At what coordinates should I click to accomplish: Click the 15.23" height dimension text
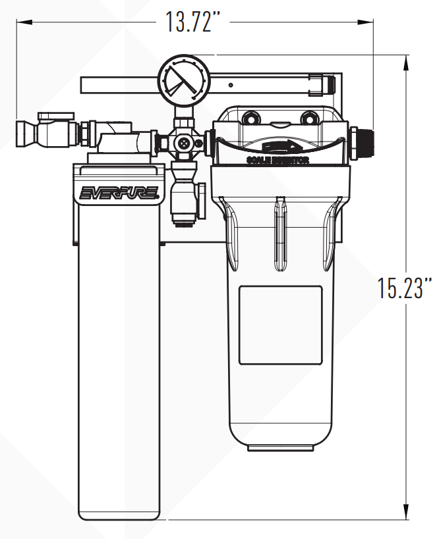tap(405, 288)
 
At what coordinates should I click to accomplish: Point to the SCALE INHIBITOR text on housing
tap(277, 160)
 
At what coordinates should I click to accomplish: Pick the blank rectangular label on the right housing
tap(280, 324)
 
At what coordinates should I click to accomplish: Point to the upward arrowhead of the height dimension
tap(403, 61)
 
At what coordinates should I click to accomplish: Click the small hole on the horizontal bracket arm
tap(231, 84)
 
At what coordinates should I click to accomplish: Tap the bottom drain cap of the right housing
tap(279, 448)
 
